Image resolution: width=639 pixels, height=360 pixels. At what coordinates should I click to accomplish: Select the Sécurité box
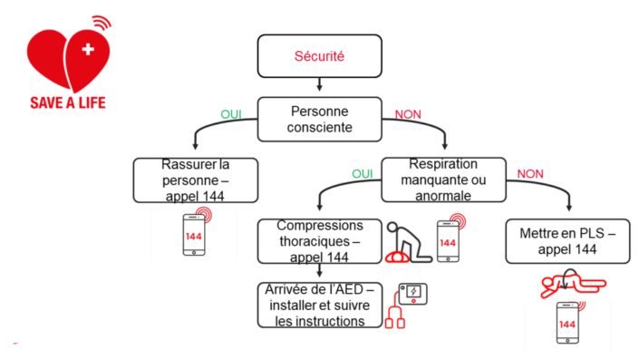pyautogui.click(x=319, y=56)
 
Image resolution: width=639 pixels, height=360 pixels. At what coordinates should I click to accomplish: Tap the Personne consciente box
pyautogui.click(x=319, y=119)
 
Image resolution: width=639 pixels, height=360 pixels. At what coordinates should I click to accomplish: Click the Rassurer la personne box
pyautogui.click(x=195, y=179)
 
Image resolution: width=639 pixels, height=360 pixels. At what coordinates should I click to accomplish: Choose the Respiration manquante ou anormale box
pyautogui.click(x=443, y=179)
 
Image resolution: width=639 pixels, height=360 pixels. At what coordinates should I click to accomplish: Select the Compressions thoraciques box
pyautogui.click(x=317, y=240)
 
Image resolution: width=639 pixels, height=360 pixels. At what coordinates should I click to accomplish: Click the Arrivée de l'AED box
pyautogui.click(x=317, y=304)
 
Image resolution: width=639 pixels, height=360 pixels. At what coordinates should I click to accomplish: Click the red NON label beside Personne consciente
pyautogui.click(x=410, y=115)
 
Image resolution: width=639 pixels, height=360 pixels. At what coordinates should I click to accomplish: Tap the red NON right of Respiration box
pyautogui.click(x=531, y=173)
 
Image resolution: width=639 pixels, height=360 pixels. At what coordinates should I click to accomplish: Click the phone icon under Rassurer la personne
pyautogui.click(x=195, y=233)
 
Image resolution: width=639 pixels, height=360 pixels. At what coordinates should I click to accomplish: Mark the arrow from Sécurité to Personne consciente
pyautogui.click(x=319, y=84)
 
